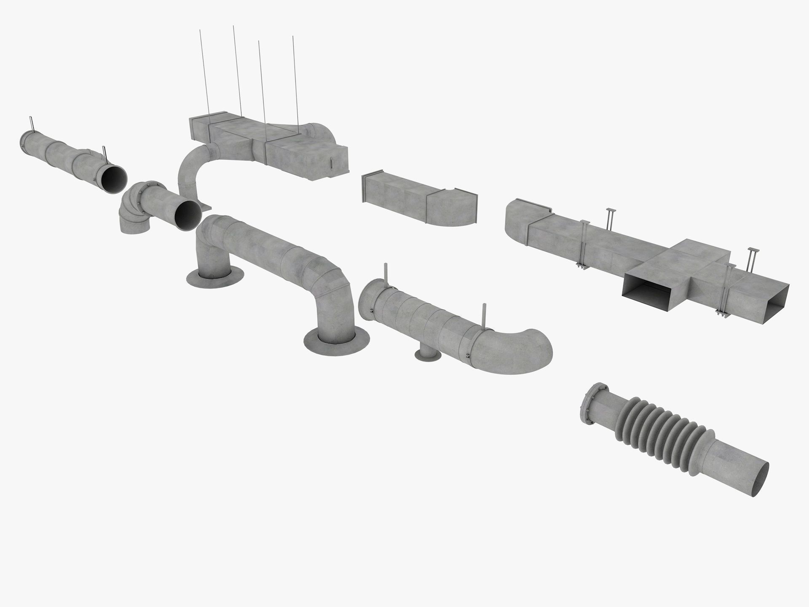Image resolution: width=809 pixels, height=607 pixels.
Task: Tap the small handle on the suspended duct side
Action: pos(331,162)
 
